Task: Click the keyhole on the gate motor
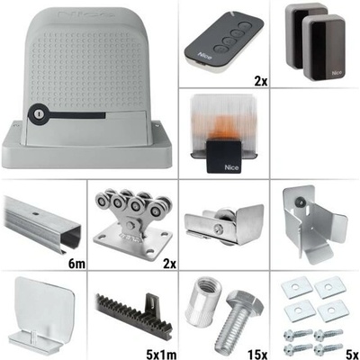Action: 38,114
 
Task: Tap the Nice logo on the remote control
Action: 202,56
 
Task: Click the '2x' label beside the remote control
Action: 260,81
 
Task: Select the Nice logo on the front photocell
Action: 336,74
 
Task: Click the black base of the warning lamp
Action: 224,156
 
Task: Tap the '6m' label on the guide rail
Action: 77,264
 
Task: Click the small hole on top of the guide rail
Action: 36,214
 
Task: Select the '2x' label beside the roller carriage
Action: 169,264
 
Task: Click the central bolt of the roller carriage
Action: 130,225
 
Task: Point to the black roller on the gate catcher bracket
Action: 299,202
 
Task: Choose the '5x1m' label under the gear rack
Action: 161,354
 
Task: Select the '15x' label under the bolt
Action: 257,354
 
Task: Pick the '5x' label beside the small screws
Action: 351,354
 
